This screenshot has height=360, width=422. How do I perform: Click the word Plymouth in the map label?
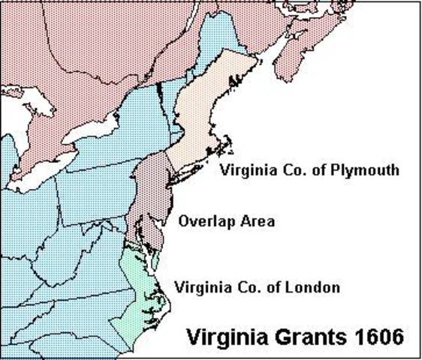[367, 171]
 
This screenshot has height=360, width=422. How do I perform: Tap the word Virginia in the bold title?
[226, 334]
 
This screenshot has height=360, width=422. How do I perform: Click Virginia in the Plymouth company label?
[244, 170]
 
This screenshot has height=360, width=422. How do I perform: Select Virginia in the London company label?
[198, 287]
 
